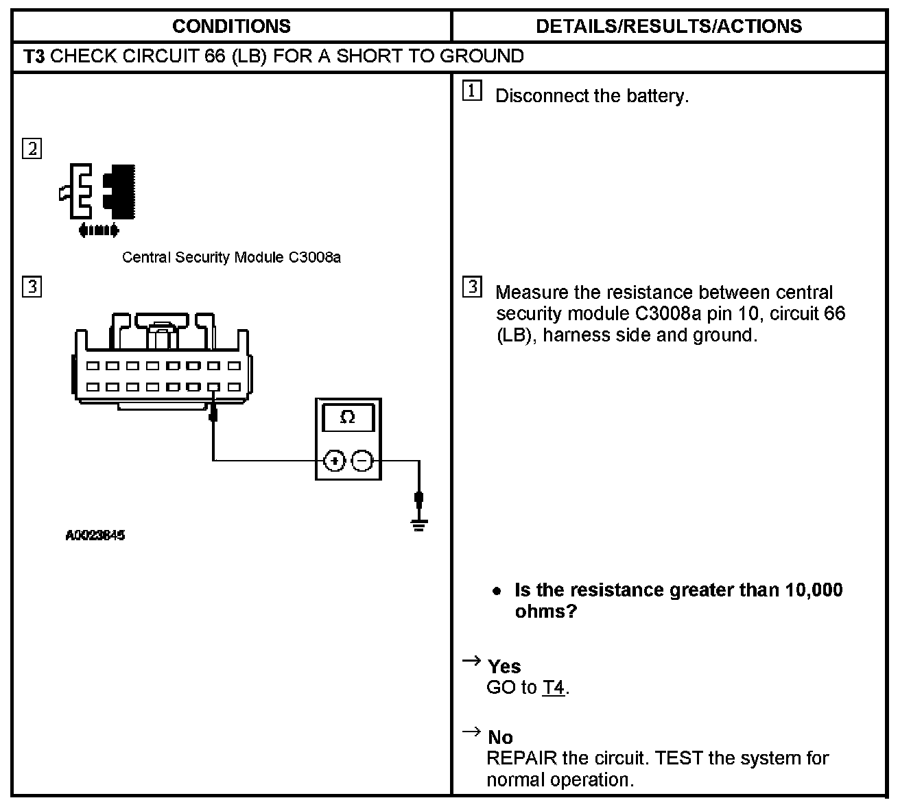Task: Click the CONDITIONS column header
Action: [x=231, y=26]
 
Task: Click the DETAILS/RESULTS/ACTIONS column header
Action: [x=668, y=26]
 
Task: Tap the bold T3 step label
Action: [x=34, y=56]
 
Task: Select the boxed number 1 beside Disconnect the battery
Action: [x=472, y=91]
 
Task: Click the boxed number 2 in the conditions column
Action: [x=32, y=149]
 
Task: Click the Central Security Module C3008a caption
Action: [x=231, y=258]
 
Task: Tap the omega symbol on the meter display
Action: [x=348, y=418]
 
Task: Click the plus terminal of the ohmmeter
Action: [x=334, y=461]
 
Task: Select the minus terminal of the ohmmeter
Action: [x=362, y=461]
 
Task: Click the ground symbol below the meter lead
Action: [x=419, y=524]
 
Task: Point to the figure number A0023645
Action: [x=95, y=535]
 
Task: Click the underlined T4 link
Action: [x=554, y=688]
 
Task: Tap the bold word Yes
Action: [x=504, y=666]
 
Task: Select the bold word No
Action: [x=500, y=738]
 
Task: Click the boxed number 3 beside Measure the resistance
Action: [x=472, y=288]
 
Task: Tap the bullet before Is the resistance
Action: [x=496, y=591]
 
